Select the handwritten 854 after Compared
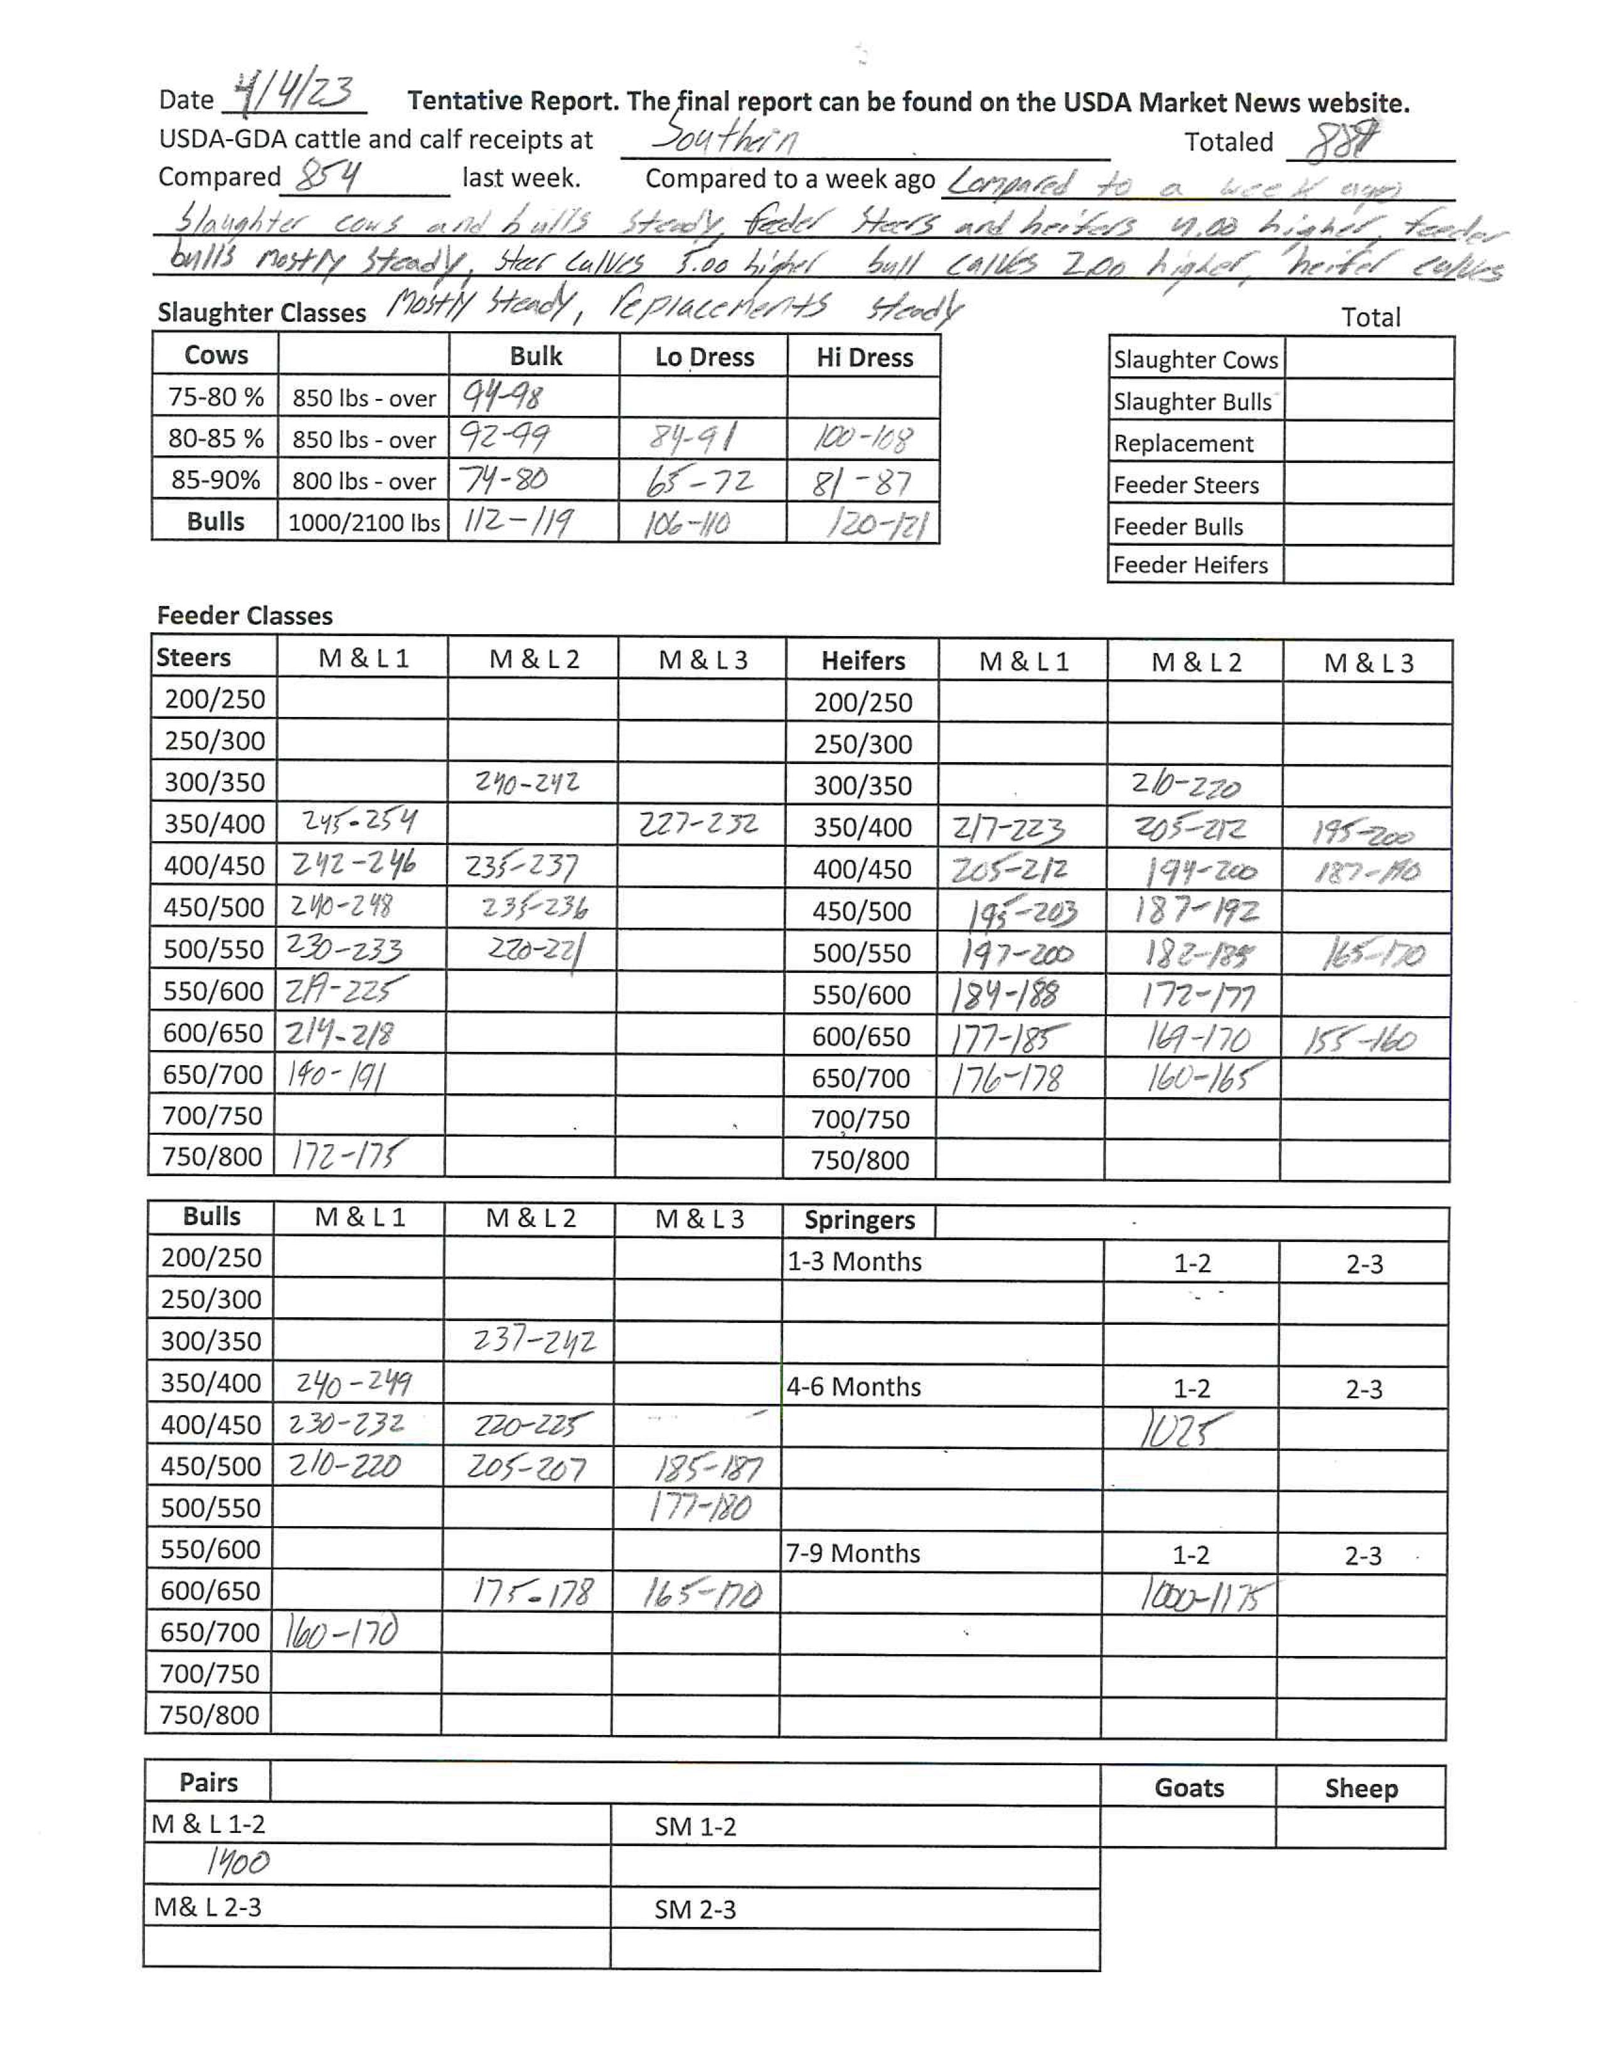[x=328, y=176]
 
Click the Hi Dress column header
[x=863, y=358]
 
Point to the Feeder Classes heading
[x=245, y=616]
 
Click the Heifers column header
[x=863, y=661]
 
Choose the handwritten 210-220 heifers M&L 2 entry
[x=1185, y=785]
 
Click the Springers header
[x=859, y=1220]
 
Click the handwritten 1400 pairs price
[x=238, y=1864]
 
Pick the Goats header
[x=1188, y=1788]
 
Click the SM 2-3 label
[x=695, y=1909]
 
